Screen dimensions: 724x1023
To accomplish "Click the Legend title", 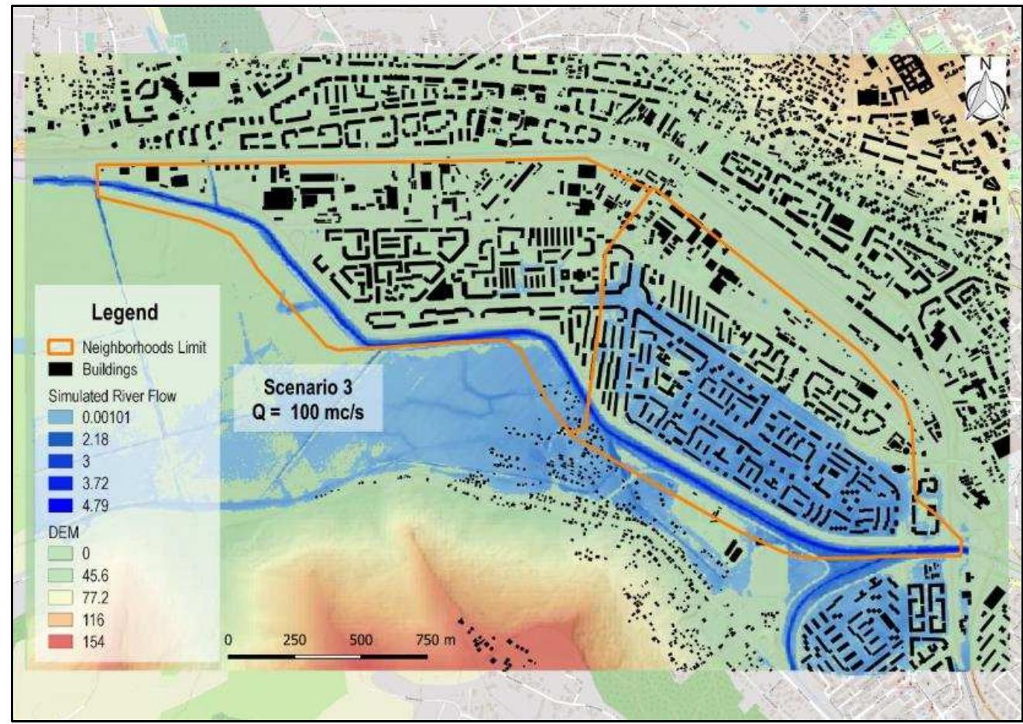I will point(124,313).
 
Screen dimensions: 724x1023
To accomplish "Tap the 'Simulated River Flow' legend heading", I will point(112,396).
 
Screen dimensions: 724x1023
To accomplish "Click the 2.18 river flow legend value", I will point(95,440).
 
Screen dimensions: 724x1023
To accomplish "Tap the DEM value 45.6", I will point(95,576).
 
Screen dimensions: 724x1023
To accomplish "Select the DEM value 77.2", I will point(95,598).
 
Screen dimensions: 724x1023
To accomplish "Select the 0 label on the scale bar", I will point(228,640).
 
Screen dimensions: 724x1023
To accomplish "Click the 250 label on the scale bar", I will point(294,640).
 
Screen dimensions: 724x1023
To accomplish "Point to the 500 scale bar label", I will point(361,640).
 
